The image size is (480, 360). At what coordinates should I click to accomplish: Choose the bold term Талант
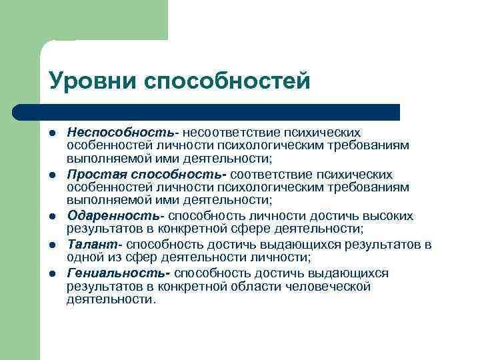point(93,244)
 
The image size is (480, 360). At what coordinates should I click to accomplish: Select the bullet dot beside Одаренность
point(52,216)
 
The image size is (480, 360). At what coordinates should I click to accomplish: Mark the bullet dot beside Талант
point(52,245)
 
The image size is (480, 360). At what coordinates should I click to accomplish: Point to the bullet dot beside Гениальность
point(52,274)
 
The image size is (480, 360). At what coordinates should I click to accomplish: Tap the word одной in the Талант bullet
point(84,257)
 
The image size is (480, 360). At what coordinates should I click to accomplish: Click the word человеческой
point(327,286)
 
